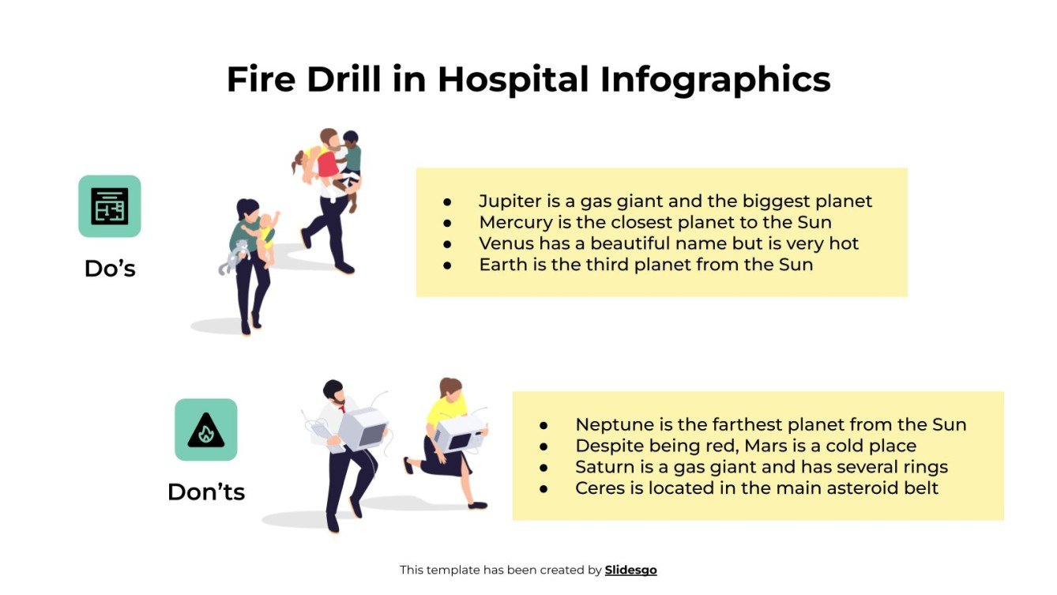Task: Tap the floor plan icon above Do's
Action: (x=109, y=206)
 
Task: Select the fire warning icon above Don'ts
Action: (x=205, y=430)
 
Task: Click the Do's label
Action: (x=110, y=269)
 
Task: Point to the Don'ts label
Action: (x=206, y=492)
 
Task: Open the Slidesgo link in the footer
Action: (x=630, y=570)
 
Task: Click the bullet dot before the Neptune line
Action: (x=544, y=425)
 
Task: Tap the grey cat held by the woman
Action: (x=232, y=257)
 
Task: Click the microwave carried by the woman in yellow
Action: (x=457, y=432)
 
